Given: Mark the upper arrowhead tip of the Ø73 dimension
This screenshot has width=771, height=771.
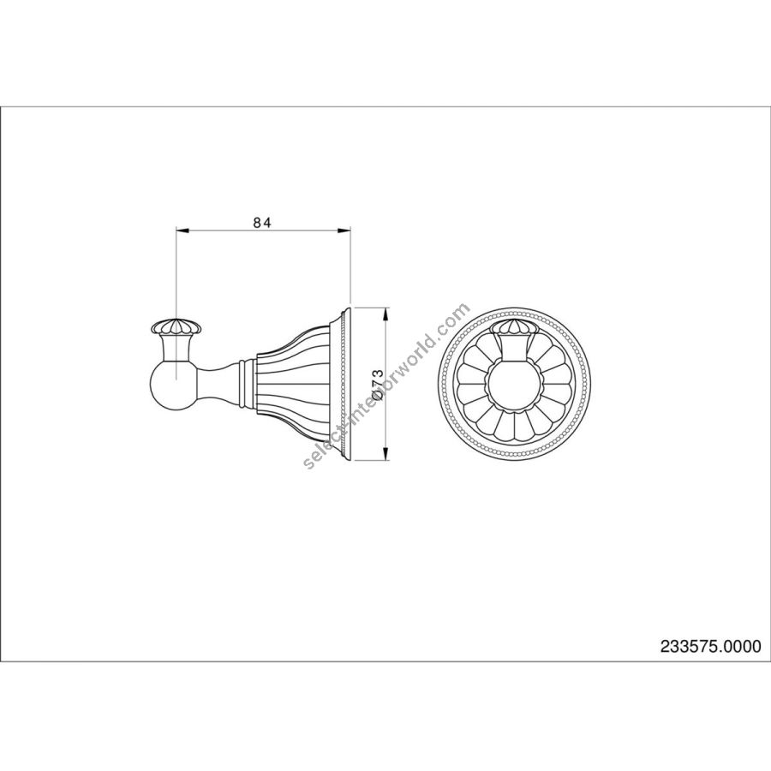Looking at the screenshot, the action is (x=386, y=308).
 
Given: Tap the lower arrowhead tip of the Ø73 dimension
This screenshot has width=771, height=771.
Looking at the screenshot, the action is (x=386, y=460).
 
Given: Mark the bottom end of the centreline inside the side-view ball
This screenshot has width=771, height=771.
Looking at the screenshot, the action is (x=176, y=380).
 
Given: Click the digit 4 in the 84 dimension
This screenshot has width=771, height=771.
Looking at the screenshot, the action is (x=267, y=223).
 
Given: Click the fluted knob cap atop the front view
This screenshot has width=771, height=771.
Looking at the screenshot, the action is (x=513, y=327).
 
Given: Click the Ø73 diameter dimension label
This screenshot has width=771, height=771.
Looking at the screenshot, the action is (x=377, y=384).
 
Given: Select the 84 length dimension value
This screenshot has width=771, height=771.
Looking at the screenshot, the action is (x=262, y=223).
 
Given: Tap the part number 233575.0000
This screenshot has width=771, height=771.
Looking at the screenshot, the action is (x=710, y=646).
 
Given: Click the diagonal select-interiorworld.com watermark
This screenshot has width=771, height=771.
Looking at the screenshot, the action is (x=387, y=386).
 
